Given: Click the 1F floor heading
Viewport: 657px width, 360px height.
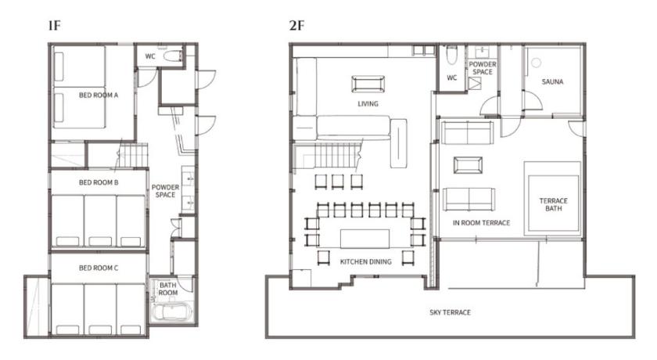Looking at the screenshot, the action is pyautogui.click(x=55, y=26).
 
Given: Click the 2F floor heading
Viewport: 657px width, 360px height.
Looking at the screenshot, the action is pyautogui.click(x=296, y=26).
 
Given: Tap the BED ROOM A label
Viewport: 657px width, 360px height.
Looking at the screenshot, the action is pyautogui.click(x=99, y=95).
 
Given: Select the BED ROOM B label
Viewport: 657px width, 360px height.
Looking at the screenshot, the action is pyautogui.click(x=99, y=182).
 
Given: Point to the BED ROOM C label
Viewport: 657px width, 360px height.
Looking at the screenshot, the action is pyautogui.click(x=99, y=268).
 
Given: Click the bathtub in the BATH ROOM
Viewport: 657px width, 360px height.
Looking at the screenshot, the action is pyautogui.click(x=172, y=312).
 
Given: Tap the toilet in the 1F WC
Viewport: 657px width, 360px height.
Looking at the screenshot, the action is pyautogui.click(x=172, y=56).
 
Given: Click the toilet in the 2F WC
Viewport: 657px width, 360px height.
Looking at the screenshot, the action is pyautogui.click(x=452, y=55).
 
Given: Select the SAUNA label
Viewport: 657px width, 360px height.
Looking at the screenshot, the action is pyautogui.click(x=552, y=81).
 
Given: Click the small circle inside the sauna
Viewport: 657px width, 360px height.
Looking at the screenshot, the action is pyautogui.click(x=537, y=63).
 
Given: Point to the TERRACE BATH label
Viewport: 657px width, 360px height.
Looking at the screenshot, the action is pyautogui.click(x=554, y=204).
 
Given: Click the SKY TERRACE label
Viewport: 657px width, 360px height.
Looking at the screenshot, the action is pyautogui.click(x=450, y=312).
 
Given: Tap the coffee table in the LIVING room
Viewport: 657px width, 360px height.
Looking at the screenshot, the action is pyautogui.click(x=368, y=84).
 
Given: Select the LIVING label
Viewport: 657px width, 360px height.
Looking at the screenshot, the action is pyautogui.click(x=368, y=103).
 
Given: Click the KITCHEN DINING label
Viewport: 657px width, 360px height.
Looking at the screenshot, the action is pyautogui.click(x=366, y=261).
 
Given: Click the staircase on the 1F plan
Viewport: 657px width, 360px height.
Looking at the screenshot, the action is pyautogui.click(x=132, y=155).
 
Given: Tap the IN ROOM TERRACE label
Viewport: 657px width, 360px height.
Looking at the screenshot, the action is pyautogui.click(x=482, y=223).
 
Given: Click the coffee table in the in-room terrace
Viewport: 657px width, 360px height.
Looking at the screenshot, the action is pyautogui.click(x=468, y=164).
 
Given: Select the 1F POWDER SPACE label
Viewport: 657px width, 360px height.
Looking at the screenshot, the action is pyautogui.click(x=165, y=191).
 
